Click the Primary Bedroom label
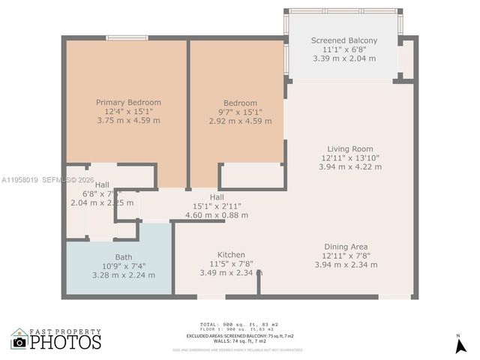point(128,102)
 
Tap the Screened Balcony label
point(344,40)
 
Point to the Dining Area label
point(346,247)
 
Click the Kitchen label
point(231,255)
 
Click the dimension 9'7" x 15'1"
point(240,112)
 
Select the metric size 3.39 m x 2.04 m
point(344,58)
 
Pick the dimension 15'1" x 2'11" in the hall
point(217,206)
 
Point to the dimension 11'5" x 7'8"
point(231,264)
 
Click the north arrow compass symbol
point(459,346)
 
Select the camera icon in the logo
point(19,342)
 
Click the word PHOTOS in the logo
point(65,343)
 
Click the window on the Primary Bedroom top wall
point(126,37)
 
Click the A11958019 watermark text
point(20,180)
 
